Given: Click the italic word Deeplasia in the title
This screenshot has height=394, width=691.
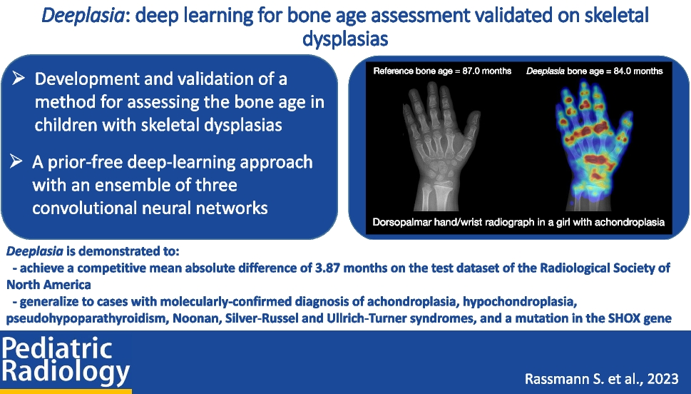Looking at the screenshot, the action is pos(83,16).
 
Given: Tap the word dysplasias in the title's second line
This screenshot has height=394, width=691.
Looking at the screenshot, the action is pos(345,39).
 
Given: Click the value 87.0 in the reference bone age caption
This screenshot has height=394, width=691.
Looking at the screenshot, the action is pos(471,71).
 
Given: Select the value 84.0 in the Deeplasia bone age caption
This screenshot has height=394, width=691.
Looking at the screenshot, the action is pos(623,71).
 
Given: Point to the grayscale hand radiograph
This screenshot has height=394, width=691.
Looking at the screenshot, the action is pos(441,145).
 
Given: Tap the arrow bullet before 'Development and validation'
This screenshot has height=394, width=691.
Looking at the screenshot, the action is pos(19,79).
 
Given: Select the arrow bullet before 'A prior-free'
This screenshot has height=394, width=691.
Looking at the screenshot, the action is pos(16,161).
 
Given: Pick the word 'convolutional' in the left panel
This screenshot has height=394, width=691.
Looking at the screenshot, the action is pos(89,208).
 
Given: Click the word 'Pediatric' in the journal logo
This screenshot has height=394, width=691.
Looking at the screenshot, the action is pos(57,348).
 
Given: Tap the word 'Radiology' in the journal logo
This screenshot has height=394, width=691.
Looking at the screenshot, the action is pos(66,372).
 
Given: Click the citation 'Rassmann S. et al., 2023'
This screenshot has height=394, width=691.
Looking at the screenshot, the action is pos(602,378).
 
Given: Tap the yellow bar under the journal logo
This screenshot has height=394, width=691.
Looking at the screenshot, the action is pos(66,391).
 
